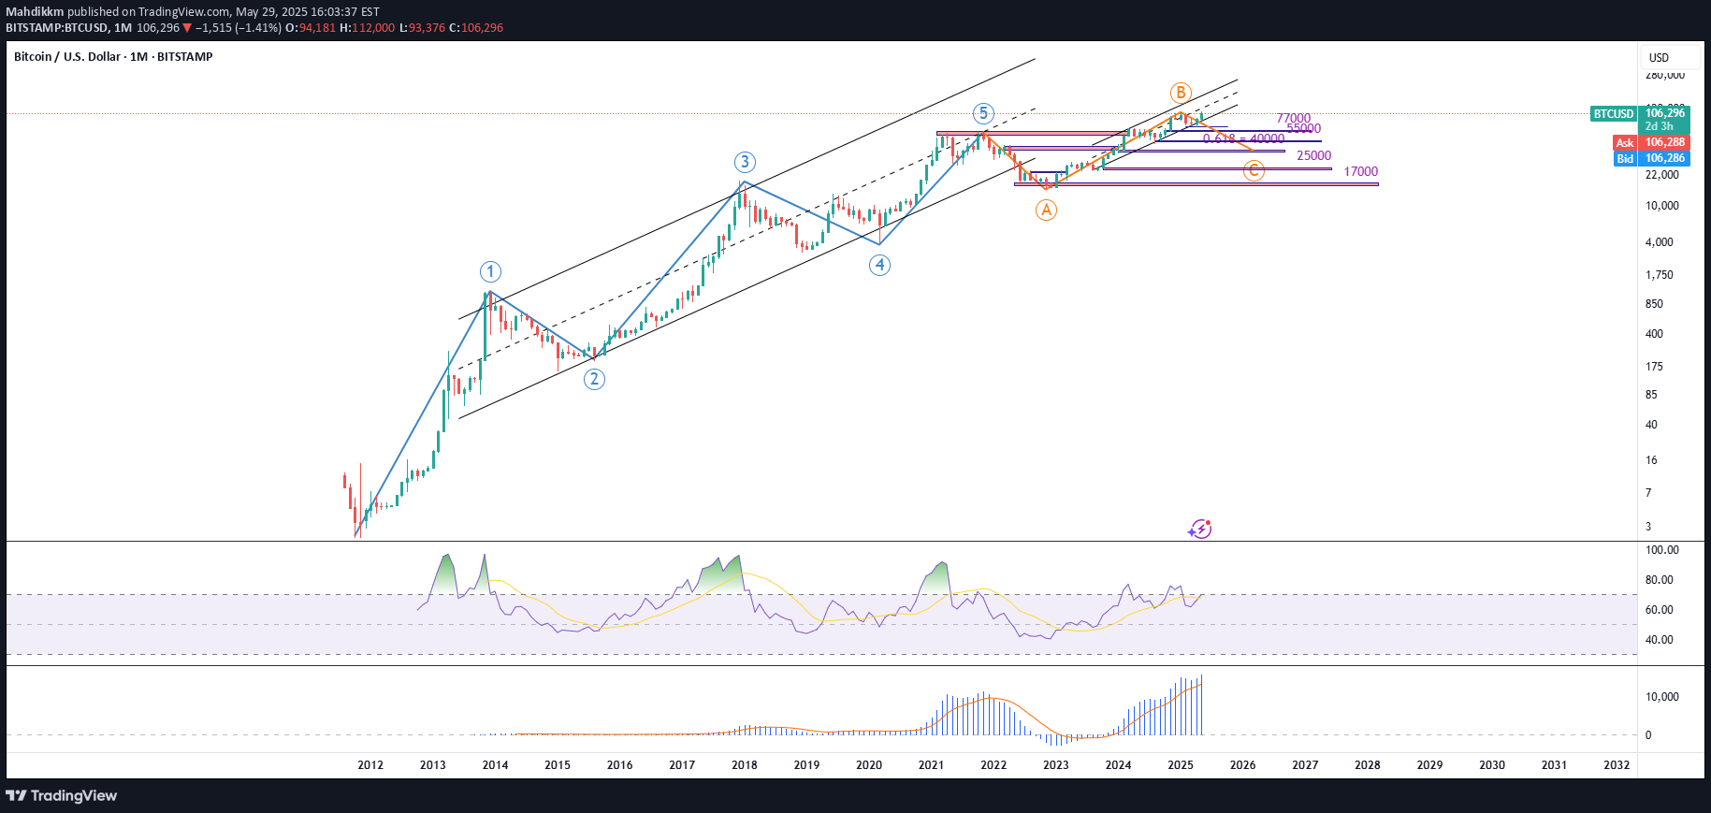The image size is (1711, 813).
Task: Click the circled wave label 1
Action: click(490, 272)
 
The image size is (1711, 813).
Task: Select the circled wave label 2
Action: click(594, 379)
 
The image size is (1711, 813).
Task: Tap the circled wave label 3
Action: click(745, 163)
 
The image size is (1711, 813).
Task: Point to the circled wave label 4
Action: click(879, 265)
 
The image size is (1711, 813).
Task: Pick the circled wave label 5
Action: click(982, 114)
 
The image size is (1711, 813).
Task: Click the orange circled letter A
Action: click(1046, 211)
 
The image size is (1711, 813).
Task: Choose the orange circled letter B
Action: click(1181, 93)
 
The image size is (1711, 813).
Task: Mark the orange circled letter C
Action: click(1254, 170)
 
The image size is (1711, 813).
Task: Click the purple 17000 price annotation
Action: click(1360, 172)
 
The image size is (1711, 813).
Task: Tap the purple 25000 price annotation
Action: click(1313, 156)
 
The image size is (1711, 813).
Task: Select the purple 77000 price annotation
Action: click(1293, 119)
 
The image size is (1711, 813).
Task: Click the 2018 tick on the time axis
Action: click(745, 765)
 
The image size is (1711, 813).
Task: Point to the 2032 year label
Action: click(1617, 765)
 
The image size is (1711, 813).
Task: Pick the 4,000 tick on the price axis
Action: click(1660, 242)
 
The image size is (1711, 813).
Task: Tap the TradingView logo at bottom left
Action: click(62, 796)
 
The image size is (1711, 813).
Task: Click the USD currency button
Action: click(1659, 58)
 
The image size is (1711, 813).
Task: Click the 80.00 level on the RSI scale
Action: click(1660, 580)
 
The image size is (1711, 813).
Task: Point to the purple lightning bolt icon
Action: click(1200, 530)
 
